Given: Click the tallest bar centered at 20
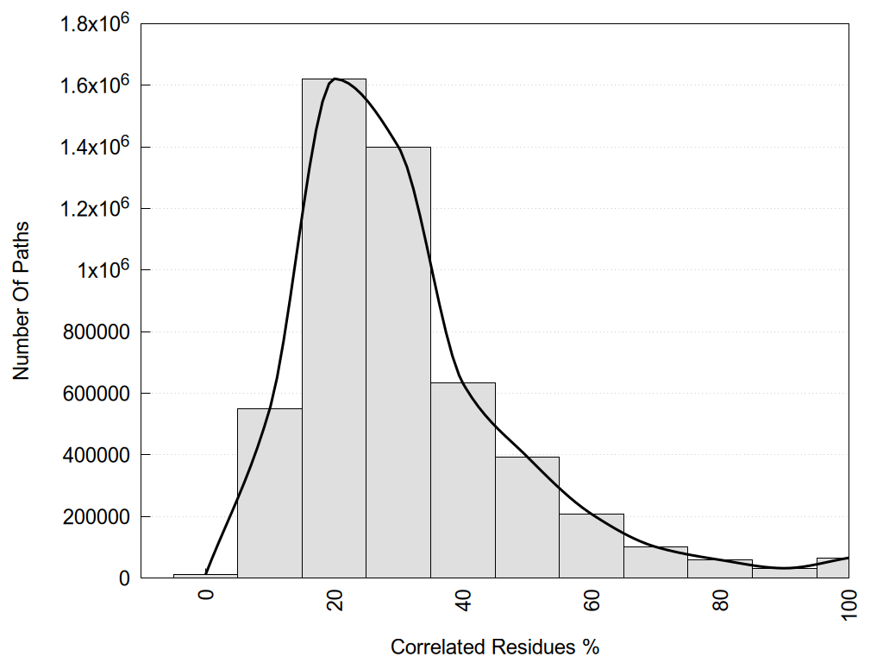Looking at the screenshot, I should pyautogui.click(x=334, y=328).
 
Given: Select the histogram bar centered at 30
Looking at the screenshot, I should pyautogui.click(x=398, y=363).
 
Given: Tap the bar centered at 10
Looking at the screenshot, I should pyautogui.click(x=269, y=493).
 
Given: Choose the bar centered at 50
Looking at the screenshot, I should pyautogui.click(x=527, y=517).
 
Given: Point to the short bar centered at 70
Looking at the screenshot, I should pyautogui.click(x=655, y=562).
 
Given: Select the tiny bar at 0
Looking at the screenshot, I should pyautogui.click(x=205, y=575).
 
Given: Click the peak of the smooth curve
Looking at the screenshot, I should pyautogui.click(x=335, y=79).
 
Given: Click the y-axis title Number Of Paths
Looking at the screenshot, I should pyautogui.click(x=22, y=300).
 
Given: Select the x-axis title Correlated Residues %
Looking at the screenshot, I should pyautogui.click(x=494, y=647).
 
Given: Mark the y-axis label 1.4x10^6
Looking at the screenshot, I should pyautogui.click(x=92, y=146).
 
